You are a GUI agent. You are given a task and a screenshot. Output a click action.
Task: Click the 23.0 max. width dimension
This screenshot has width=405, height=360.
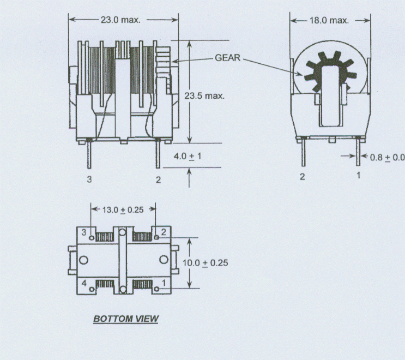tap(120, 20)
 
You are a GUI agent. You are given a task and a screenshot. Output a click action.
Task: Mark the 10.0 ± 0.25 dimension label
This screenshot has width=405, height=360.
tap(205, 262)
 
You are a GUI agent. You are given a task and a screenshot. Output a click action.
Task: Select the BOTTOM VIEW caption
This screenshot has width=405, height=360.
tap(125, 318)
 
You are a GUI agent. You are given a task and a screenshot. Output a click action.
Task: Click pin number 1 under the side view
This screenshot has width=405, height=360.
tap(358, 176)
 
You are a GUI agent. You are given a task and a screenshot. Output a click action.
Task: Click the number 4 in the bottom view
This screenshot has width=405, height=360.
tap(83, 283)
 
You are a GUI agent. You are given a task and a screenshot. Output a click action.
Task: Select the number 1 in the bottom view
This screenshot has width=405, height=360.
tap(164, 283)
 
